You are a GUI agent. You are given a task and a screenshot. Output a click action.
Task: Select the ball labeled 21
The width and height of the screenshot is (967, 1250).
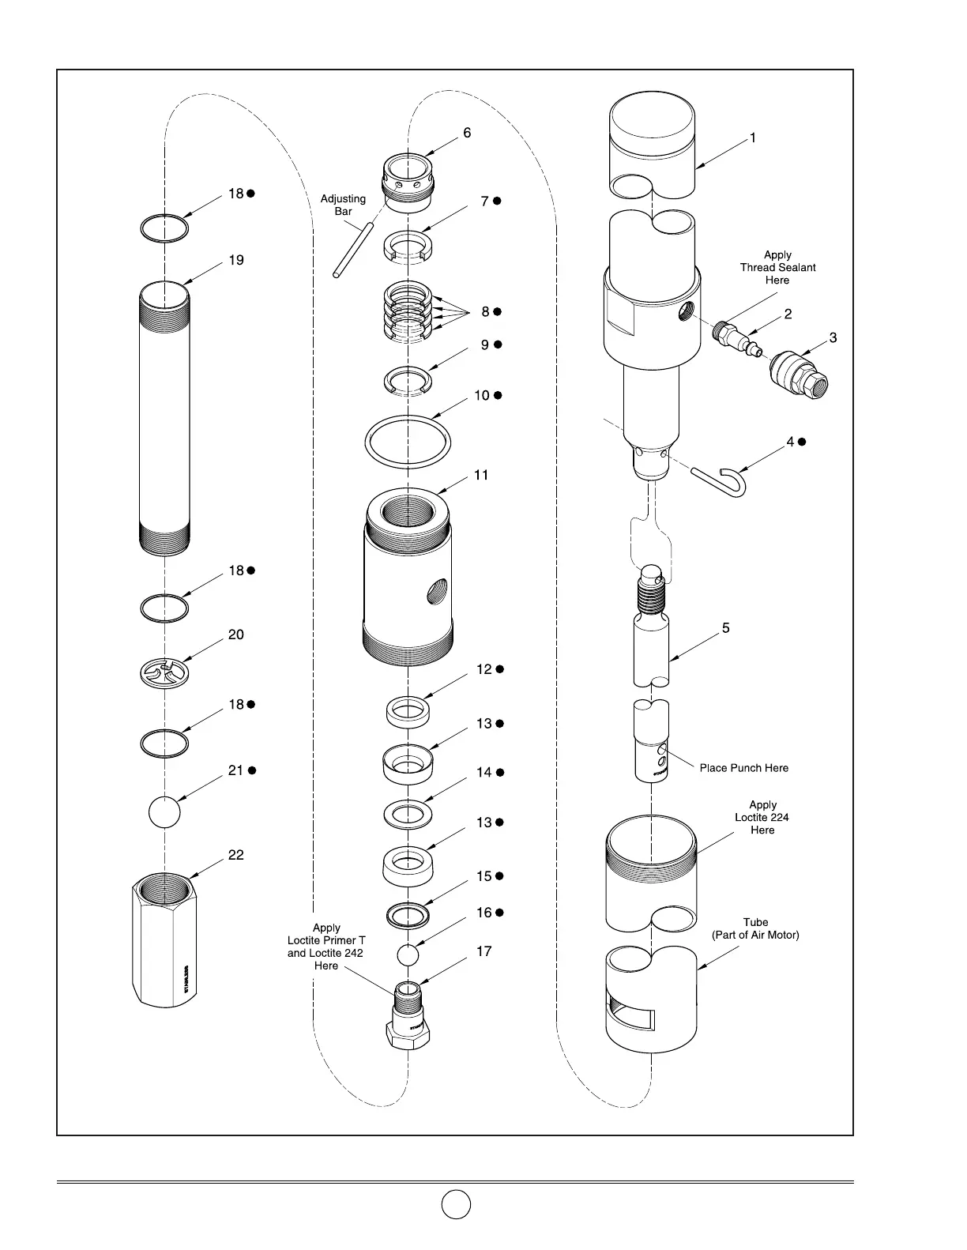[164, 811]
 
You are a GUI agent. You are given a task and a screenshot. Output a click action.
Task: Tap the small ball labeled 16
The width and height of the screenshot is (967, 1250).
[407, 954]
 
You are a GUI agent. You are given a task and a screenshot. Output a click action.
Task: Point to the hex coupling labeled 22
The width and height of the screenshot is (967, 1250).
[164, 940]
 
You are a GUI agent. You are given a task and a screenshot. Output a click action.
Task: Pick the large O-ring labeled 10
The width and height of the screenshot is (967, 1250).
[408, 443]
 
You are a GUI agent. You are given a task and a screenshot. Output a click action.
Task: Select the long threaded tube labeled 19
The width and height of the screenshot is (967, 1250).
[164, 419]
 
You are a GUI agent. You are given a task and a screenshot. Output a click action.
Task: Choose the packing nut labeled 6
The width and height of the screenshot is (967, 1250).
[408, 183]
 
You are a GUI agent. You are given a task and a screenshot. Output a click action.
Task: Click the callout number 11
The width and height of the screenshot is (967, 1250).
[482, 475]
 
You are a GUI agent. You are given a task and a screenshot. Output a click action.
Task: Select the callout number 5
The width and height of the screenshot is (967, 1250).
[725, 628]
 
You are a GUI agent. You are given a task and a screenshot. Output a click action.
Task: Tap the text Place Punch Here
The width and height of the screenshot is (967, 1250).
[743, 768]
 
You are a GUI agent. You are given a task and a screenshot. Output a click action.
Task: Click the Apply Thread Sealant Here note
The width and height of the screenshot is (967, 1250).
[777, 268]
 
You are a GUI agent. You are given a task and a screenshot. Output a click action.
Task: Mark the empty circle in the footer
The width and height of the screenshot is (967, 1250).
[456, 1204]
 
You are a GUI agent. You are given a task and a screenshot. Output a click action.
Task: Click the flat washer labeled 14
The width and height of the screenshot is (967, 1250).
[408, 812]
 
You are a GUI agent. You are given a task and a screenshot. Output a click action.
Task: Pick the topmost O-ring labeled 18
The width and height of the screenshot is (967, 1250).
[164, 229]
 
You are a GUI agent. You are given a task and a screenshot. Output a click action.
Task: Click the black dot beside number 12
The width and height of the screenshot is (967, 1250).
[499, 669]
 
